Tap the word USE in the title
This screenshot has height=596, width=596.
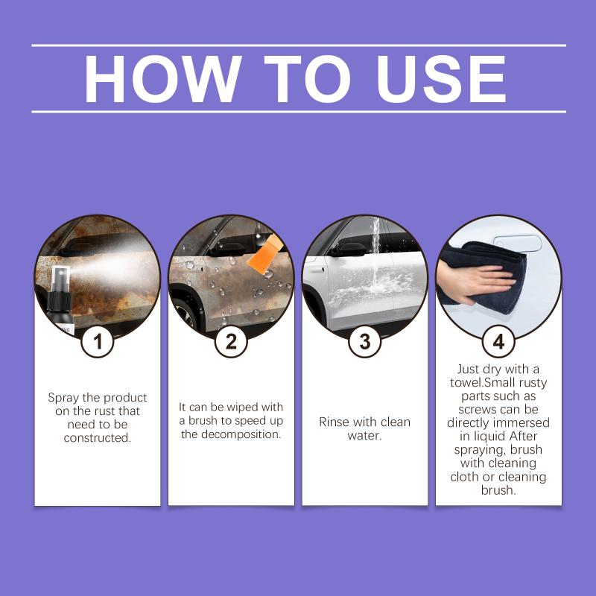click(442, 79)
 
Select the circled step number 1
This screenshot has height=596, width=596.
click(98, 341)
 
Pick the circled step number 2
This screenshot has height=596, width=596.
click(231, 341)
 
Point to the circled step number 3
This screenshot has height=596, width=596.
click(364, 341)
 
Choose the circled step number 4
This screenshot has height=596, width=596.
click(498, 341)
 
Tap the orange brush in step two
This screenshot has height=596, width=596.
click(264, 252)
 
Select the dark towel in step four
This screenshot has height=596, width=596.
click(490, 273)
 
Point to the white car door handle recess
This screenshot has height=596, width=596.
click(517, 244)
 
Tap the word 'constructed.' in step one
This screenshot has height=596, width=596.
click(98, 438)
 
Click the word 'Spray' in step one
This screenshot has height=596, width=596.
click(63, 398)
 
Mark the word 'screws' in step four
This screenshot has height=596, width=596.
click(479, 410)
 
